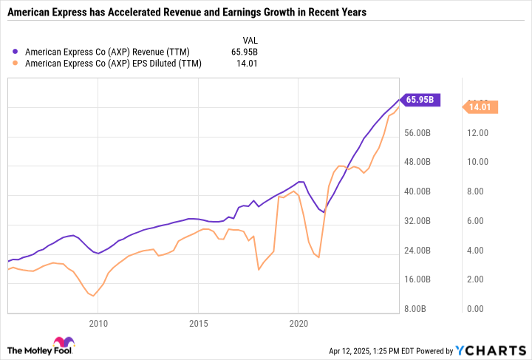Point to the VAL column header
250,40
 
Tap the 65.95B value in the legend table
245,52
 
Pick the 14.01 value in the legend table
247,64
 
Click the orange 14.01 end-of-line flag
480,107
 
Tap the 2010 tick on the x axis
98,324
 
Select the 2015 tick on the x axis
198,324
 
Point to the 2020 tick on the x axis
299,324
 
